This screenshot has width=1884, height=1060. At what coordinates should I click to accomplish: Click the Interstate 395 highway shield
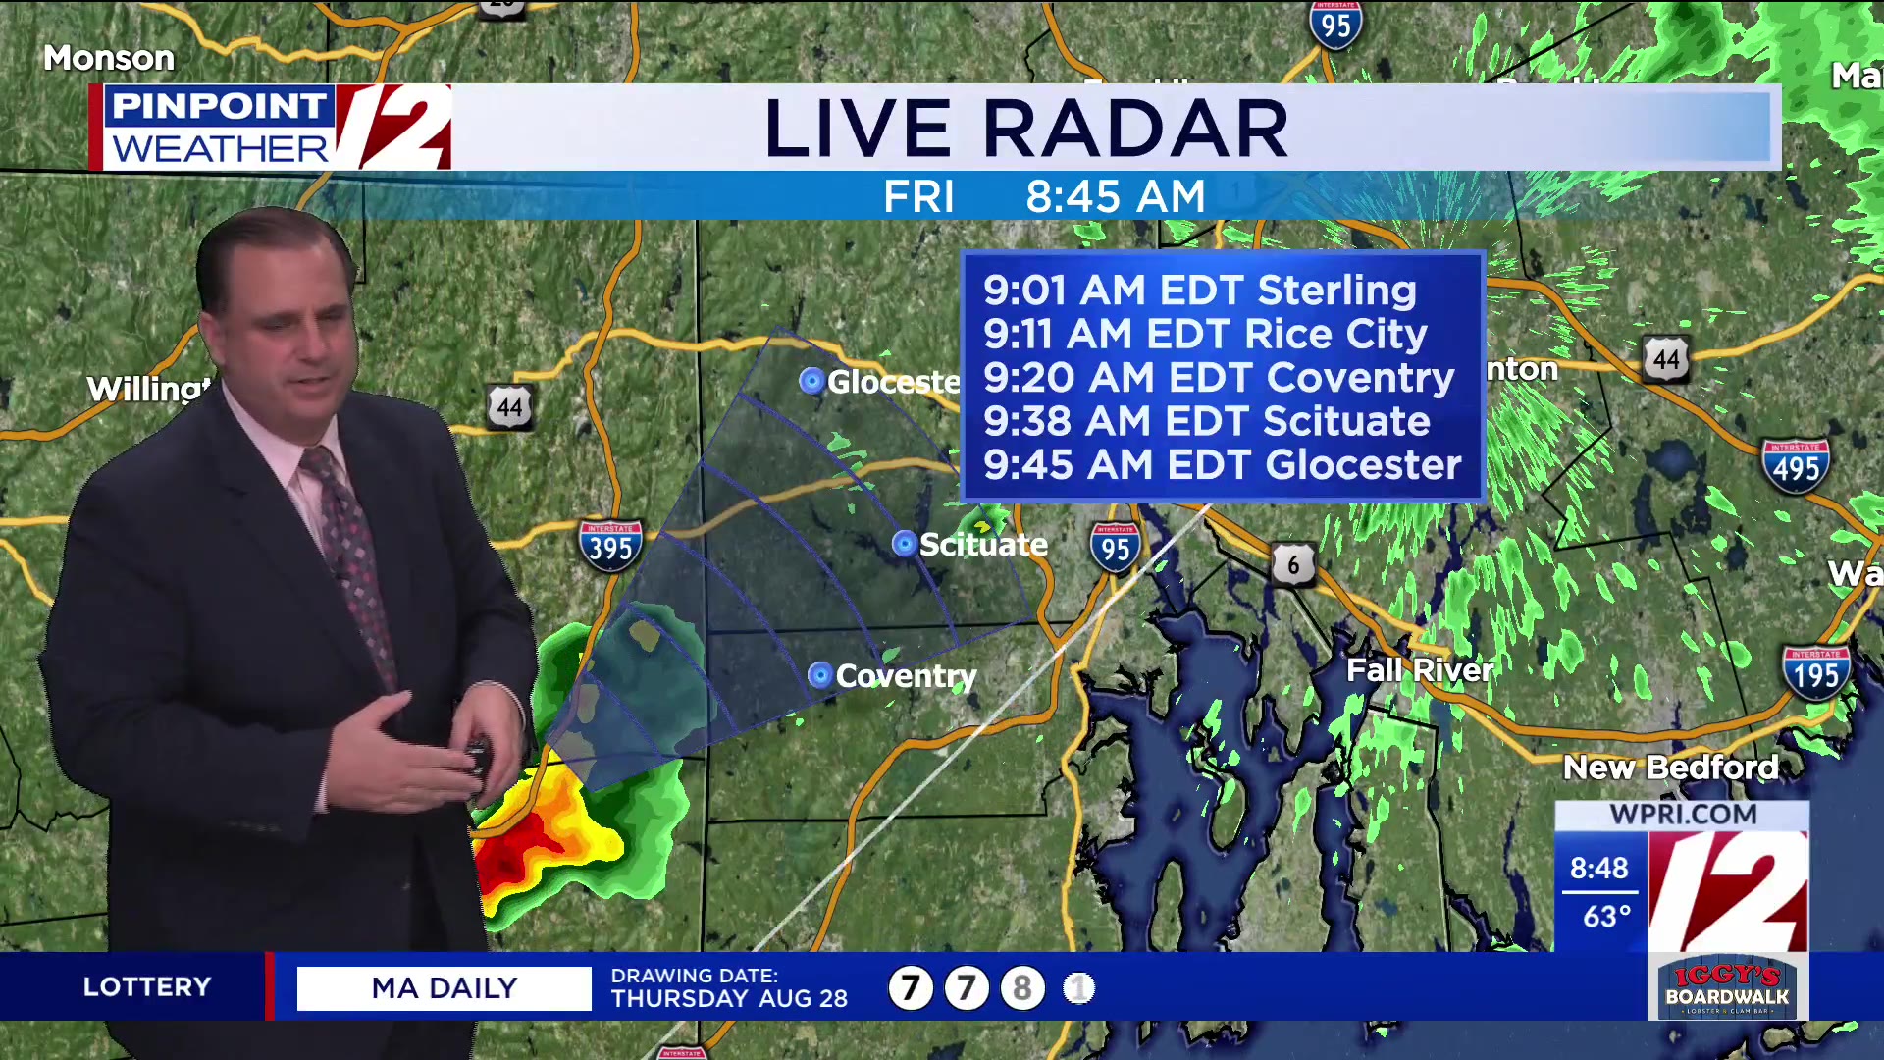(x=610, y=543)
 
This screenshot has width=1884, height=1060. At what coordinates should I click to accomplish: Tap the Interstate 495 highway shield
(x=1796, y=465)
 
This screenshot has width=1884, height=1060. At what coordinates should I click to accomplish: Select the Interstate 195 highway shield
(x=1816, y=672)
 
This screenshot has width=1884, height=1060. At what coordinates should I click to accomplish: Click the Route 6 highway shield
(x=1293, y=564)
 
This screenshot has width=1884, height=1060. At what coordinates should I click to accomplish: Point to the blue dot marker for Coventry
(x=819, y=675)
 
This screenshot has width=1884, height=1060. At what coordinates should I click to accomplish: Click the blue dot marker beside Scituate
(x=904, y=544)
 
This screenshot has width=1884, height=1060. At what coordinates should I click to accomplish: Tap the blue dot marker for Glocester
(x=811, y=381)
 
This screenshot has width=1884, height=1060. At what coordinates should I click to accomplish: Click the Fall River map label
(x=1420, y=670)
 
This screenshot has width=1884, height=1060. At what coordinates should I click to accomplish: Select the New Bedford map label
(x=1670, y=767)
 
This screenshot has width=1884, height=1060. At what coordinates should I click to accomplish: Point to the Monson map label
(x=109, y=58)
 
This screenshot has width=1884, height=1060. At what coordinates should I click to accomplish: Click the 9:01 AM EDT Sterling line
(x=1199, y=291)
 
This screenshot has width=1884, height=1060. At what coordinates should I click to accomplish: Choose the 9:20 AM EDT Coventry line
(x=1218, y=378)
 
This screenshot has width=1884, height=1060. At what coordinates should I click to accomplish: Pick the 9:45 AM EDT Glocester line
(x=1222, y=465)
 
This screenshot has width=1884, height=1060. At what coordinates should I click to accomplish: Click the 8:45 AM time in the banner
(x=1115, y=197)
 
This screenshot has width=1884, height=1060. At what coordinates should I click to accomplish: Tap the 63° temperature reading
(x=1606, y=917)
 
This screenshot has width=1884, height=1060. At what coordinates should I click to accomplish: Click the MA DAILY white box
(x=444, y=988)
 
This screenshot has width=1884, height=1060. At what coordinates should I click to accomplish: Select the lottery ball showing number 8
(x=1021, y=988)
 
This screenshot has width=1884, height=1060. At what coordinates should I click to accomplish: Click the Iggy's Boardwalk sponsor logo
(x=1727, y=988)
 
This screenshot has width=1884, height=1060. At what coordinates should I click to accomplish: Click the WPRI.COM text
(x=1683, y=815)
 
